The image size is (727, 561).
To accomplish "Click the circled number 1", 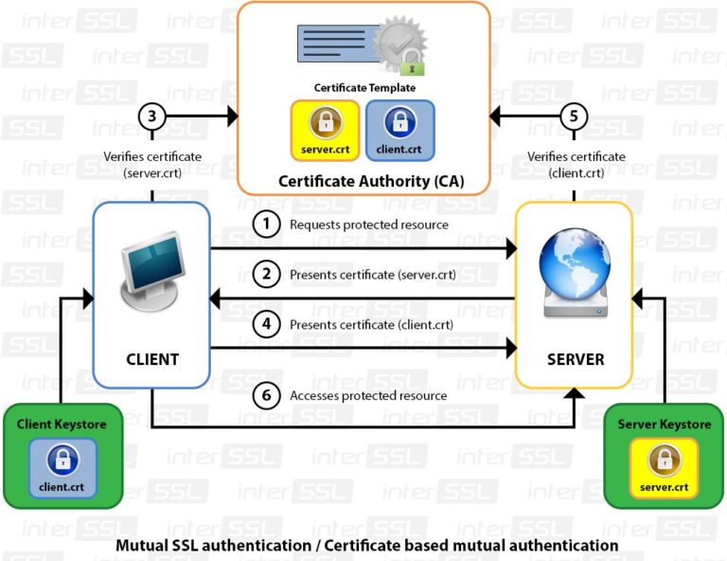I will (x=268, y=225).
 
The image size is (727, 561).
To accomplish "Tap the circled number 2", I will (x=268, y=275).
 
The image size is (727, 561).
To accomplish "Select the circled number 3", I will (x=152, y=118).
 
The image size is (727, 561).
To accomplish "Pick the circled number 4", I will (x=268, y=325).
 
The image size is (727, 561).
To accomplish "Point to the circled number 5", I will (x=574, y=118).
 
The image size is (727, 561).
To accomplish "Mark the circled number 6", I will (x=268, y=395).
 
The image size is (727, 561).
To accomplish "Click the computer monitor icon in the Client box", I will (x=152, y=276).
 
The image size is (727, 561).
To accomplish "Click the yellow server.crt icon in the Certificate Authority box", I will (x=325, y=129).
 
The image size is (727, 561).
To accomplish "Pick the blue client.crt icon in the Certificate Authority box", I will (x=399, y=129).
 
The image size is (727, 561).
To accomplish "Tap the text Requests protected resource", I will (x=369, y=225).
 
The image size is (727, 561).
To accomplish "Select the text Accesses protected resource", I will (x=368, y=395).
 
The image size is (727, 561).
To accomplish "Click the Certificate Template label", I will (x=364, y=87).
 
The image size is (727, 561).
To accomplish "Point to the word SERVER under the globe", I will (x=575, y=359).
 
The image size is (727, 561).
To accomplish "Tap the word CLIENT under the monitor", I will (x=152, y=359).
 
